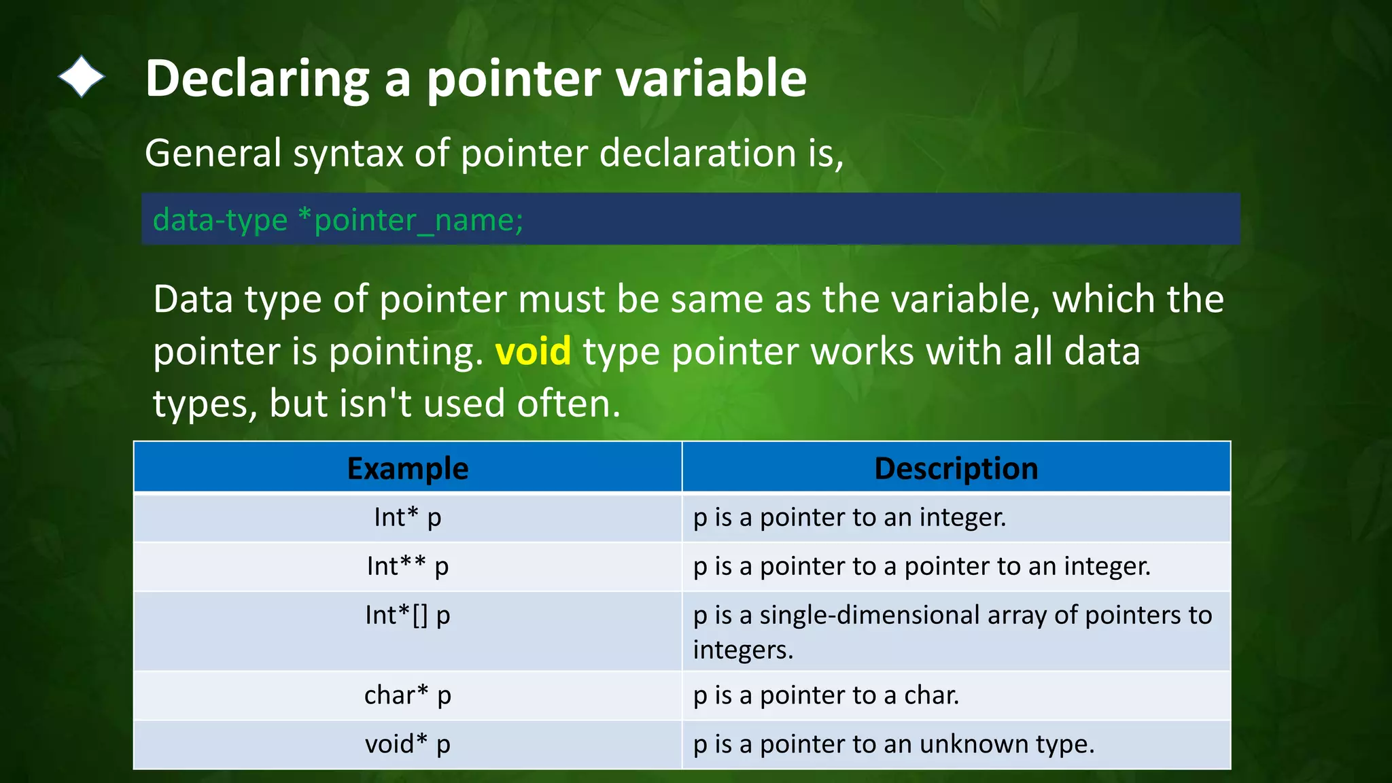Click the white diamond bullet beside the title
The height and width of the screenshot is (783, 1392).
pos(82,77)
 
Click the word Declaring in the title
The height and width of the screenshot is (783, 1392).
pos(257,79)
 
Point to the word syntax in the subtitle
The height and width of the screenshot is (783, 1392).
pos(348,154)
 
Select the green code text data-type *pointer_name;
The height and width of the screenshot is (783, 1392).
pos(338,220)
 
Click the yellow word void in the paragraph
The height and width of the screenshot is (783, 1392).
pos(533,352)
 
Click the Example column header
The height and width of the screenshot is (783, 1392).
pos(408,468)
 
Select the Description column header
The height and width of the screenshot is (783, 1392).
pos(956,468)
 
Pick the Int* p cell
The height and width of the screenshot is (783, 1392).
pos(408,518)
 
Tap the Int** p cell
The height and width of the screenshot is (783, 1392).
pos(408,566)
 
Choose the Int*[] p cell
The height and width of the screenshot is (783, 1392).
pos(408,615)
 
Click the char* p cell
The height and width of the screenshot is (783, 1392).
pos(408,695)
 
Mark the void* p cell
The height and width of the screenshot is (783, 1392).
pos(408,744)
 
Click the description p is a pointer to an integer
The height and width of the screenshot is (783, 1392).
pos(850,518)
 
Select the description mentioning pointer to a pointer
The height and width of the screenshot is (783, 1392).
pos(922,566)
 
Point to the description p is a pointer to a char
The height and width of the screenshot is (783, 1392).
pos(826,695)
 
